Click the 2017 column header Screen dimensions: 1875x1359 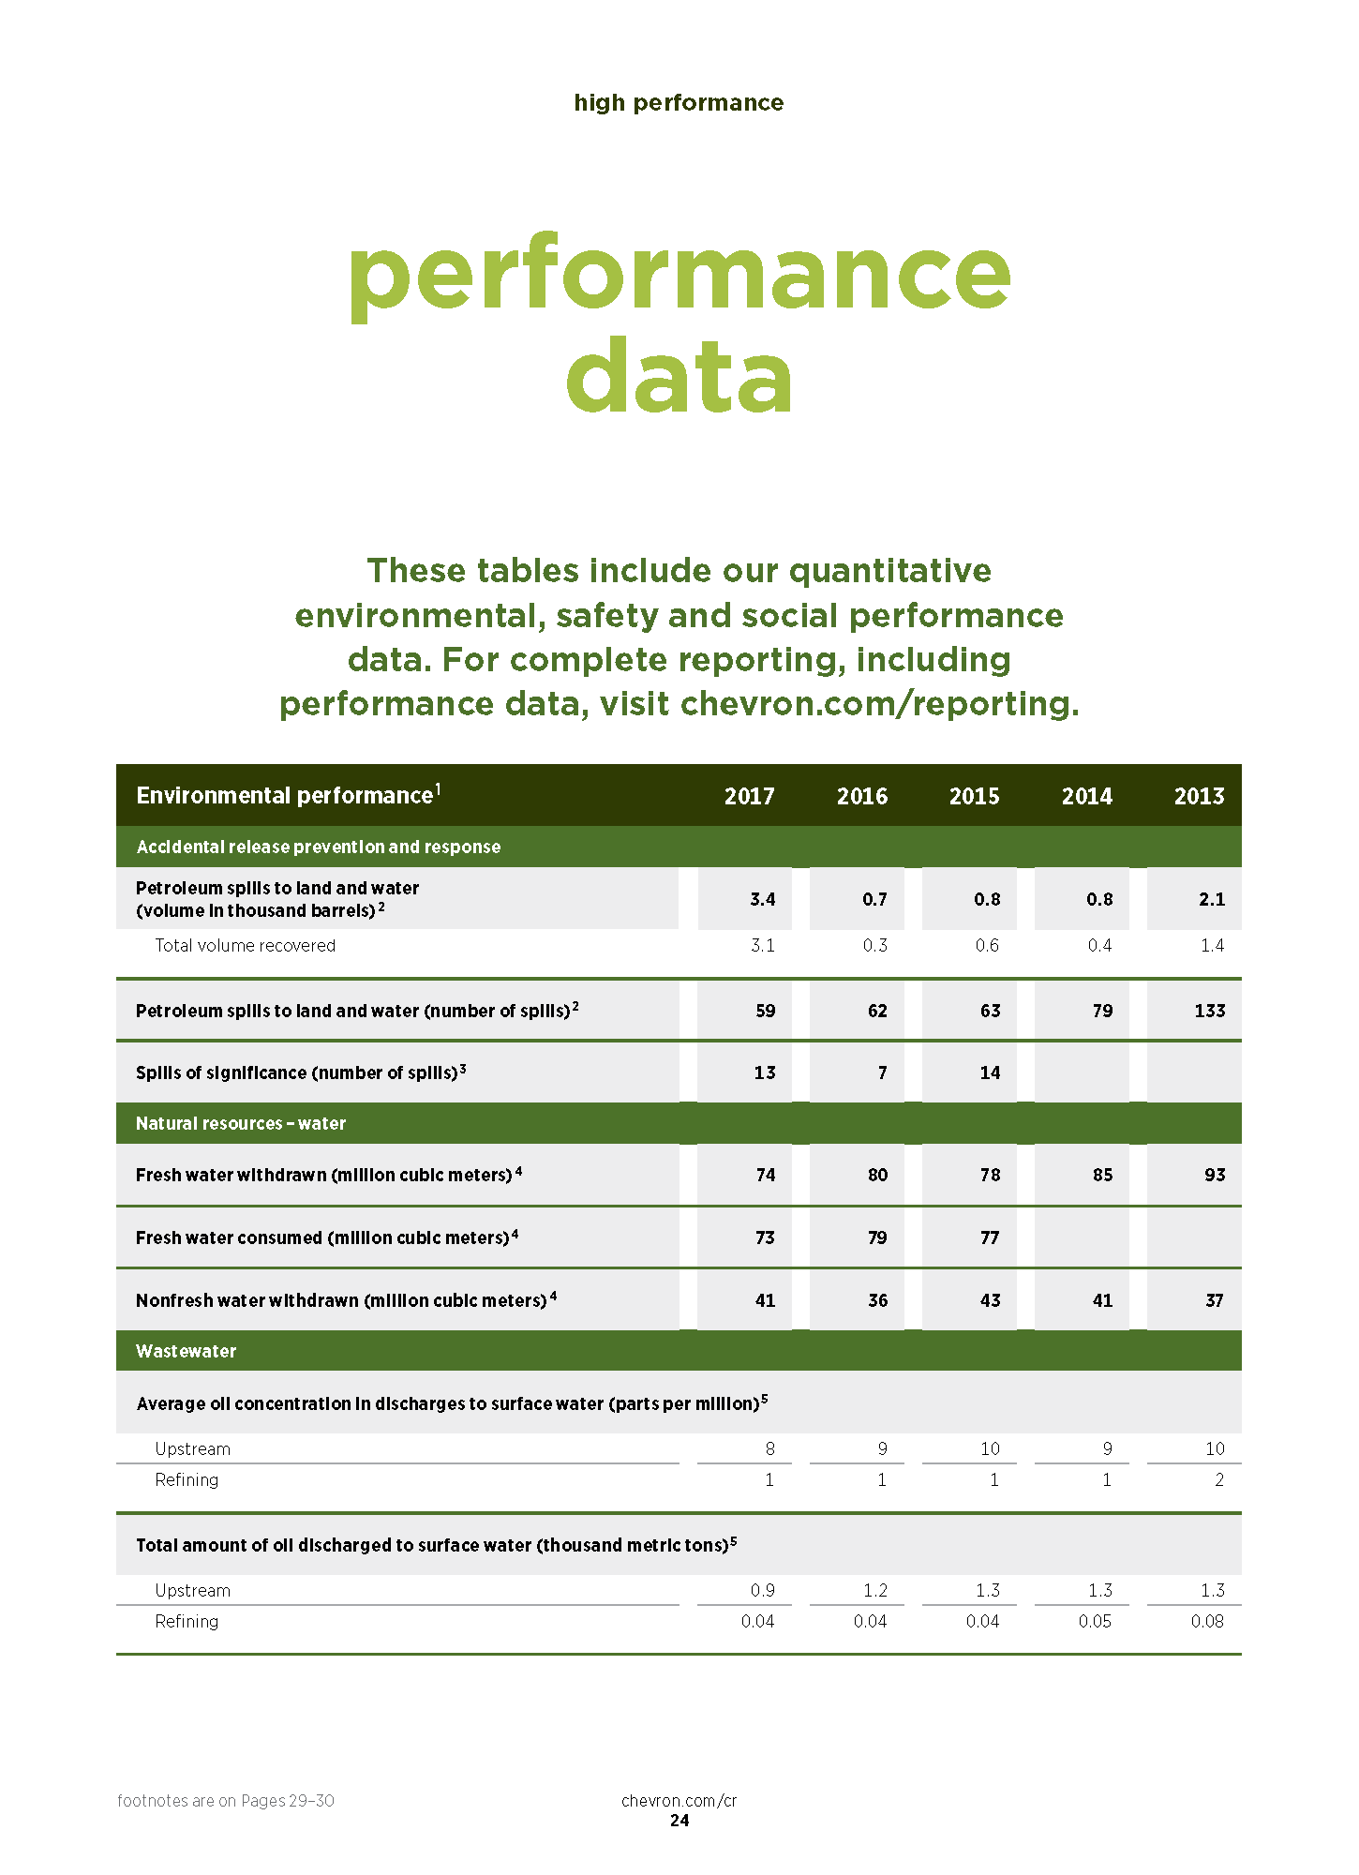(749, 796)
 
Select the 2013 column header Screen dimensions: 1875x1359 (1199, 796)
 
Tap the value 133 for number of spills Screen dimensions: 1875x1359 (1209, 1011)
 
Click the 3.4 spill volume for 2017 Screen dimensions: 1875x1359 (762, 899)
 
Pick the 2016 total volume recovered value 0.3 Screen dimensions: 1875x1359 (874, 945)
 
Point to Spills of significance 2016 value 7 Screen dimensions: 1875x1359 (882, 1072)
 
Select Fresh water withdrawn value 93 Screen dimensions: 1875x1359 (1215, 1175)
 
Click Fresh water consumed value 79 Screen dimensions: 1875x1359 (877, 1237)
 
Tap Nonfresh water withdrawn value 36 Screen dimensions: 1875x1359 (877, 1300)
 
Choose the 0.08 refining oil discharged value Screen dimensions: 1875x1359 (1207, 1621)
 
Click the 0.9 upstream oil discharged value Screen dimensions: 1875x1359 (762, 1590)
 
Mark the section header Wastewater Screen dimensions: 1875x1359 (186, 1351)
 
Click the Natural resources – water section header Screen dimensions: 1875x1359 (241, 1123)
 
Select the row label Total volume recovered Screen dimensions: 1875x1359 (245, 945)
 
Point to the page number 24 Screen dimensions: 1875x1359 (679, 1821)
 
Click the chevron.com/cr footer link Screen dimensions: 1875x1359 (679, 1800)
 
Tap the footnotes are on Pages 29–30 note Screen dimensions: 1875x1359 (226, 1800)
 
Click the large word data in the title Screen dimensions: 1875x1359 (679, 378)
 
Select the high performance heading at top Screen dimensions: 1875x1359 (679, 102)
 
